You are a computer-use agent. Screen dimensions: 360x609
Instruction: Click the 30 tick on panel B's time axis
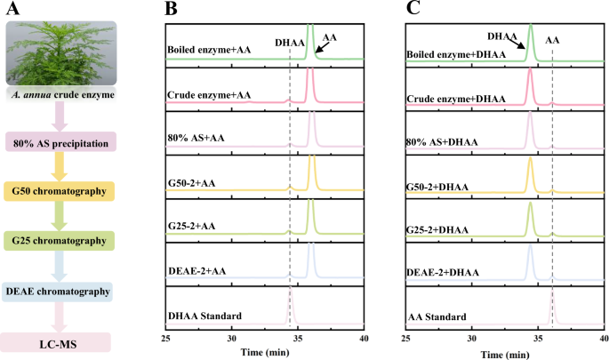coord(232,339)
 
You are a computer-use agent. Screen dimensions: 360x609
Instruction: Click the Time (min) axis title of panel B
coord(265,352)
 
